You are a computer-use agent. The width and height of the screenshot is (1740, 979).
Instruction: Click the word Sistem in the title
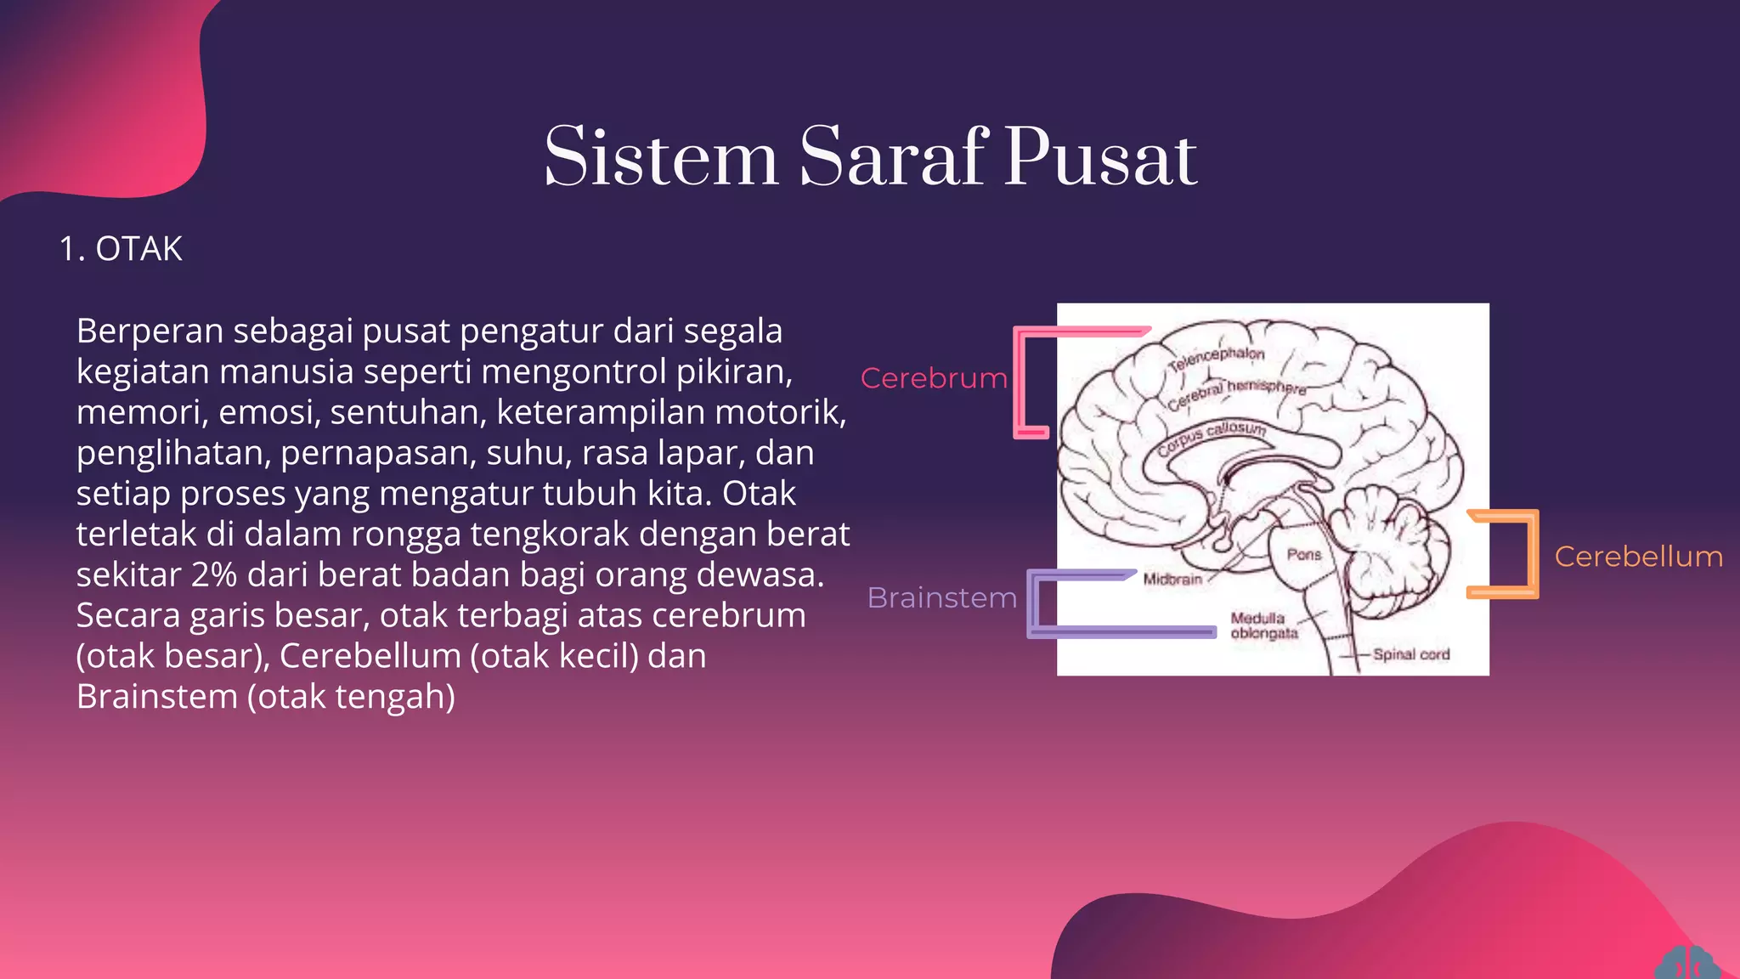pos(661,158)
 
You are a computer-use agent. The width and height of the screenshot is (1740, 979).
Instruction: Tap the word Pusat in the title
pos(1101,158)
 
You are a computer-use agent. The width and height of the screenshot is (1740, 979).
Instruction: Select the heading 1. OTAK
pos(121,249)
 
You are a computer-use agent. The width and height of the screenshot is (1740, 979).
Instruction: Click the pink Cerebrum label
pos(933,378)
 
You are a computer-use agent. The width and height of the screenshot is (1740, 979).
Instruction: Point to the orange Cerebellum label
pos(1638,557)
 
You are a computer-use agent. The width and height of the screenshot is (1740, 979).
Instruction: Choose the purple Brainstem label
pos(941,598)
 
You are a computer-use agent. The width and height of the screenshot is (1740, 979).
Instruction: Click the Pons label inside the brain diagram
pos(1303,554)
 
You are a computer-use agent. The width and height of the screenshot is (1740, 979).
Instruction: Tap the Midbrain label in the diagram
pos(1172,580)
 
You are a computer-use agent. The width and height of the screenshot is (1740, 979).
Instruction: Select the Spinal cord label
pos(1411,654)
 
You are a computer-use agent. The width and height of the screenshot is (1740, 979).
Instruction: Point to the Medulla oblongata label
pos(1263,625)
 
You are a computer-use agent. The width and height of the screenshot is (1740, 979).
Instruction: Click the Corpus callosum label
pos(1212,436)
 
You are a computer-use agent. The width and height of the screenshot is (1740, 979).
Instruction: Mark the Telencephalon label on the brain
pos(1216,359)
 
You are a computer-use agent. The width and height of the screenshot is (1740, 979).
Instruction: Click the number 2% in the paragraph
pos(213,575)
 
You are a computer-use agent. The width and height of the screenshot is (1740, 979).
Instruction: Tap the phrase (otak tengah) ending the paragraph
pos(351,697)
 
